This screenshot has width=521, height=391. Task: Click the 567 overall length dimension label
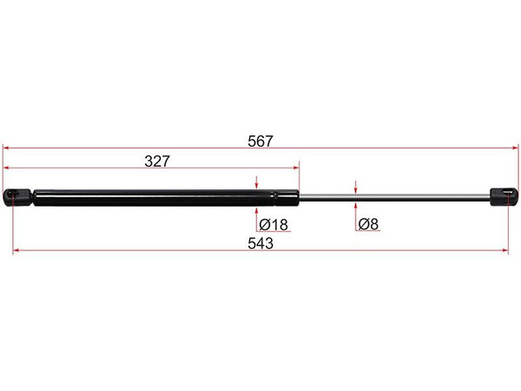pyautogui.click(x=260, y=142)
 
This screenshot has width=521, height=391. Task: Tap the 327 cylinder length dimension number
pyautogui.click(x=157, y=162)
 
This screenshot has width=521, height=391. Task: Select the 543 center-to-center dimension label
pyautogui.click(x=260, y=243)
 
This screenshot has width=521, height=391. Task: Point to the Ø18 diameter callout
pyautogui.click(x=274, y=224)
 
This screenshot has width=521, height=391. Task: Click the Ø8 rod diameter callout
pyautogui.click(x=368, y=224)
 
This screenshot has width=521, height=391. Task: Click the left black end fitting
pyautogui.click(x=17, y=197)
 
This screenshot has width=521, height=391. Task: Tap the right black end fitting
pyautogui.click(x=504, y=196)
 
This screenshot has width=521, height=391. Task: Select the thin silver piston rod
pyautogui.click(x=395, y=197)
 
